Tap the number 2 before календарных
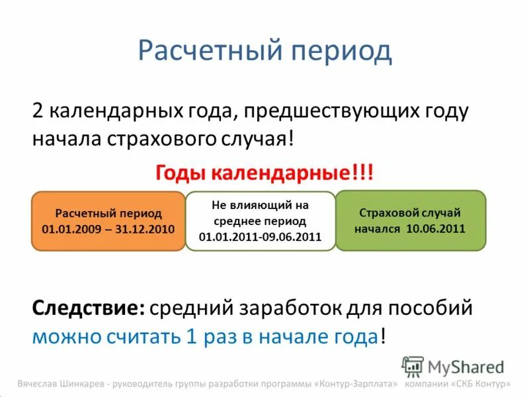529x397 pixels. [38, 110]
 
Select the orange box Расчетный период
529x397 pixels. [108, 220]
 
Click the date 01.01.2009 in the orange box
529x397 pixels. [67, 229]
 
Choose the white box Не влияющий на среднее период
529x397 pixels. [260, 220]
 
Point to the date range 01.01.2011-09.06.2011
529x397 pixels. [260, 236]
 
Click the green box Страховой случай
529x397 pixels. [410, 220]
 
